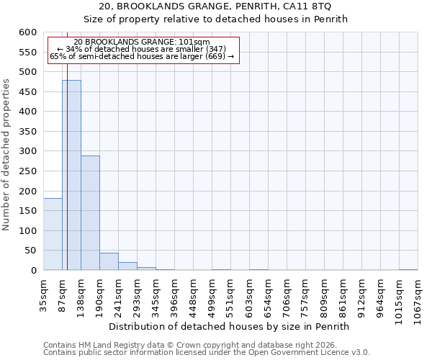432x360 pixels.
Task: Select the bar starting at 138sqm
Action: (x=90, y=212)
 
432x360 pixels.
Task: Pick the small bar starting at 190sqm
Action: (x=109, y=261)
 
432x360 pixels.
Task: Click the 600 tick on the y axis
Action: (x=27, y=32)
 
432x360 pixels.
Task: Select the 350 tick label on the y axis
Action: (x=27, y=132)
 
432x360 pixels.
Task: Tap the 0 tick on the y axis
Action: (x=33, y=270)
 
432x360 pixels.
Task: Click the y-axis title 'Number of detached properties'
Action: (x=6, y=156)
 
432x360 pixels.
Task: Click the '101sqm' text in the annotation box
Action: (x=194, y=42)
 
